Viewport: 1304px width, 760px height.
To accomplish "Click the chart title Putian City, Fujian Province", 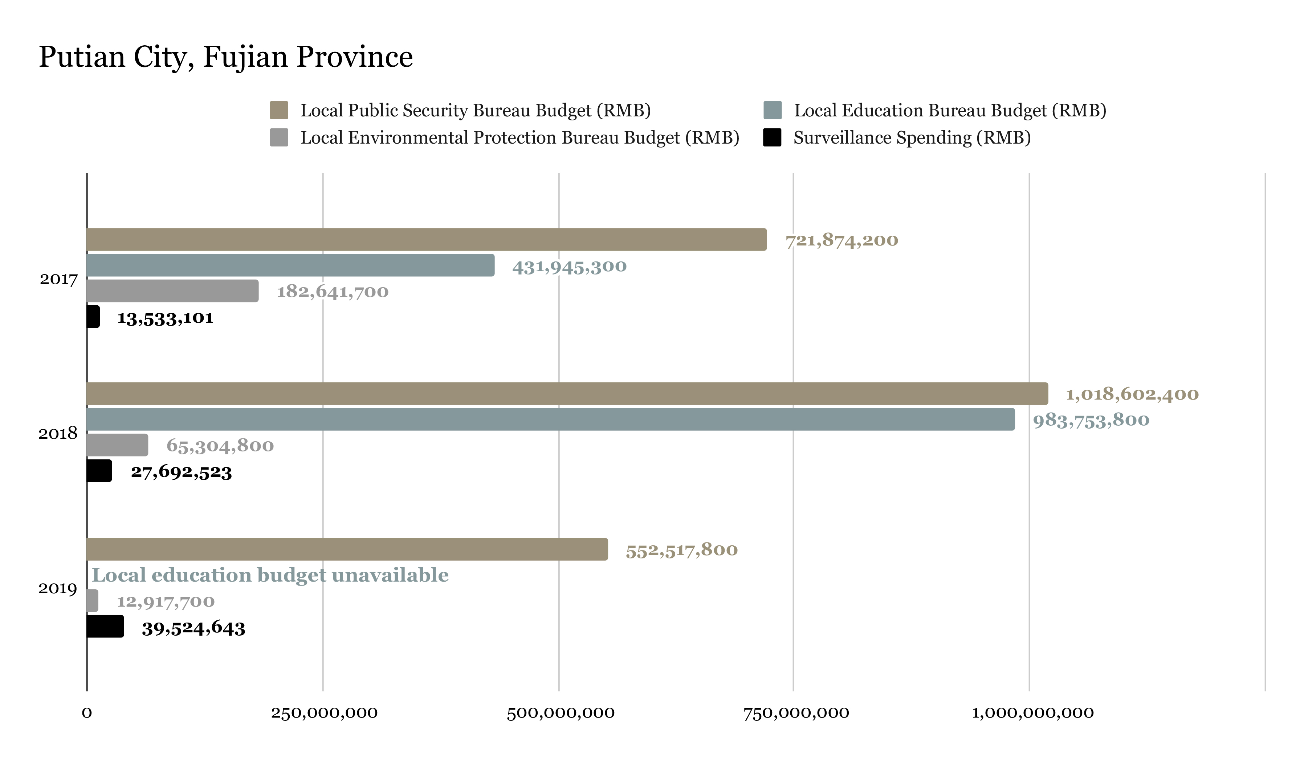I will [225, 57].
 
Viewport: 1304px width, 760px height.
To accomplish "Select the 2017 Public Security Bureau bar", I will [427, 239].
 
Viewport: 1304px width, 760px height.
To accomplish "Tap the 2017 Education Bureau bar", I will [290, 265].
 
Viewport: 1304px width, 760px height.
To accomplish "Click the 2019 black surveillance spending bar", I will [105, 626].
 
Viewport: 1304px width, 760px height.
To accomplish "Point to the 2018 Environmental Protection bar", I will [118, 445].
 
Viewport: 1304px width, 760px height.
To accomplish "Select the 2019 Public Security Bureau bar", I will [347, 549].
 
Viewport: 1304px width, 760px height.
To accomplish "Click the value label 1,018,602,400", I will [1132, 395].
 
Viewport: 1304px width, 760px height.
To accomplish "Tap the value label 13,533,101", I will [165, 317].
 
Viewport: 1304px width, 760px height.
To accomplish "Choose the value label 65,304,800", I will [220, 446].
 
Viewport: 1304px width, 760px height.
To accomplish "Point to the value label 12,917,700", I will [166, 601].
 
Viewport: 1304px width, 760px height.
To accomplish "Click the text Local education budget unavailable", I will [270, 575].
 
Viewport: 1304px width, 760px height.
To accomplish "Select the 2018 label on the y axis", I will [58, 433].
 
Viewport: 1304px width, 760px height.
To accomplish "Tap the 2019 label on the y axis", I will [58, 588].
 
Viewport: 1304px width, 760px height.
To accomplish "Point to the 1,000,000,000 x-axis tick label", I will [1032, 713].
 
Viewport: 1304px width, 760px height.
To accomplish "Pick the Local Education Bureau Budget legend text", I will [950, 111].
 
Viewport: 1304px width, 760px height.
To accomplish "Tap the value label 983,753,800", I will [1091, 420].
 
